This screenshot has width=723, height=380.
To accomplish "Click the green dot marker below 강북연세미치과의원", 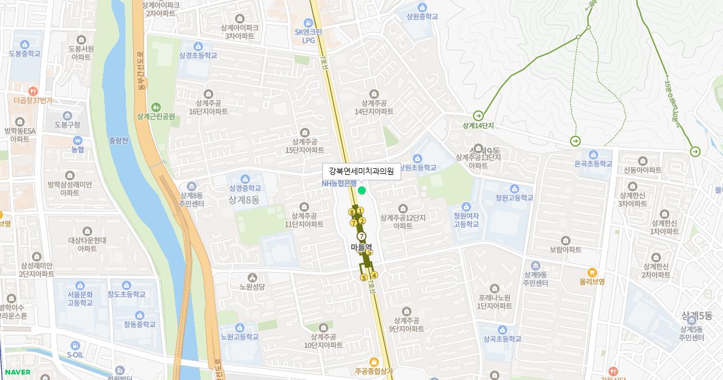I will point(361,191).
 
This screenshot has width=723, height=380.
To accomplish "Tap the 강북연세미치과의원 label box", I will point(361,171).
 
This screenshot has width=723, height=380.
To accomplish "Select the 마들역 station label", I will point(361,247).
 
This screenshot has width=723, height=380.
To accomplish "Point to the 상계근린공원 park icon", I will point(156,107).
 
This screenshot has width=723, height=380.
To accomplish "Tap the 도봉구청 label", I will point(67,125).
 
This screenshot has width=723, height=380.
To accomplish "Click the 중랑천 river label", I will point(119,141).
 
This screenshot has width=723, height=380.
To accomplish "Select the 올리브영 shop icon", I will point(592,271).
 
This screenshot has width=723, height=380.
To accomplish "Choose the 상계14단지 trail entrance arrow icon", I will point(478,115).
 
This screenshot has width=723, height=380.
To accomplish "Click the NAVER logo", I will point(18,372).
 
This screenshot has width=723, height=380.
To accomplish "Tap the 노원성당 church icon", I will point(252,277).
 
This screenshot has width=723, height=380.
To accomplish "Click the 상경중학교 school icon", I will point(245,179).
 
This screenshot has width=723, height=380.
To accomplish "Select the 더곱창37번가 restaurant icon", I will point(33,90).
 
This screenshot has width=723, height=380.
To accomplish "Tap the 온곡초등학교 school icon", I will point(593,154).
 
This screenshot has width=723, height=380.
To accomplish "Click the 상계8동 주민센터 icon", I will point(191,186).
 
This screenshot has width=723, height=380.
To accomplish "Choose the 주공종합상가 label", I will point(374,371).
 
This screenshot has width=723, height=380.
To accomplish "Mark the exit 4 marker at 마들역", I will point(374,276).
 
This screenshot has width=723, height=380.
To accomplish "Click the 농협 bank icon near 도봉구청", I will point(77,140).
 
